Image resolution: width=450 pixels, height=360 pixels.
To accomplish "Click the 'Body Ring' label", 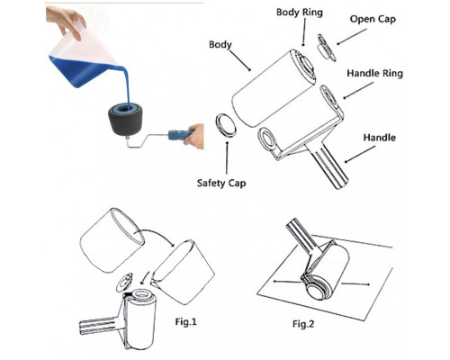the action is click(x=300, y=13).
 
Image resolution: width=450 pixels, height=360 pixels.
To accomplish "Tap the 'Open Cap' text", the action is click(x=373, y=20).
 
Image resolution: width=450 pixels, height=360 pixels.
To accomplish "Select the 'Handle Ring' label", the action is click(x=374, y=74).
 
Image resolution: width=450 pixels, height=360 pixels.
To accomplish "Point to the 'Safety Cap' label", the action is click(x=221, y=184).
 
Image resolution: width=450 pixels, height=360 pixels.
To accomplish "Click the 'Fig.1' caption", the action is click(x=185, y=322).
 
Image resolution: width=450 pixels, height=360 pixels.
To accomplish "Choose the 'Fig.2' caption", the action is click(x=303, y=324).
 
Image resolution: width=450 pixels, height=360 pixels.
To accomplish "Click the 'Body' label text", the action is click(x=220, y=45).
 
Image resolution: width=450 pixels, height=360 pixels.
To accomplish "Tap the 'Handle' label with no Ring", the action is click(x=380, y=138).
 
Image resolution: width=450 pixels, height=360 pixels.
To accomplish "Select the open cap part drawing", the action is click(x=327, y=48).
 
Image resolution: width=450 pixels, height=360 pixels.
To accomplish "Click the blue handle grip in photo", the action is click(x=179, y=135).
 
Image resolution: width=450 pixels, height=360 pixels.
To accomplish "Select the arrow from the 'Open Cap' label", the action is click(x=352, y=37).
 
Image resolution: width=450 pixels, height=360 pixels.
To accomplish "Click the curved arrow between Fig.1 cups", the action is click(x=155, y=235).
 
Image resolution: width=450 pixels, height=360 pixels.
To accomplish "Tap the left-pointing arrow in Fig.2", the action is click(x=286, y=282).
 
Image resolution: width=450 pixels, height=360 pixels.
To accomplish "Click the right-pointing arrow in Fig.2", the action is click(x=356, y=283).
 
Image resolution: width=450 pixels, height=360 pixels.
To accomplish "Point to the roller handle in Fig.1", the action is click(x=99, y=326).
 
